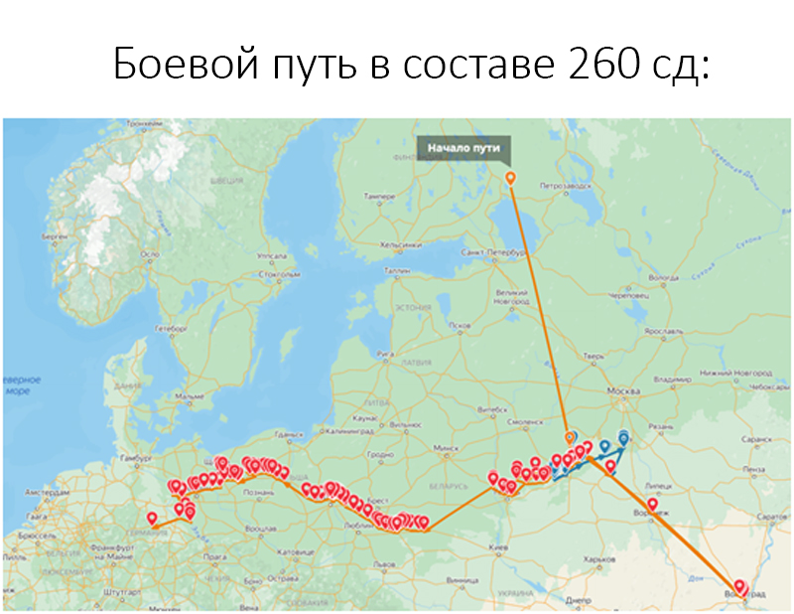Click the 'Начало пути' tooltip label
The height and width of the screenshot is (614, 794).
[464, 150]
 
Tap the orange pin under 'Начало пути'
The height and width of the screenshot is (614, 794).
[510, 178]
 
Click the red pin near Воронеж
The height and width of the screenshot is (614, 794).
[652, 505]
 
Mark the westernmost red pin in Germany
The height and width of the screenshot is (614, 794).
[152, 518]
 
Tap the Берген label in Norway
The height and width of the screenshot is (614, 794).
[54, 238]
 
